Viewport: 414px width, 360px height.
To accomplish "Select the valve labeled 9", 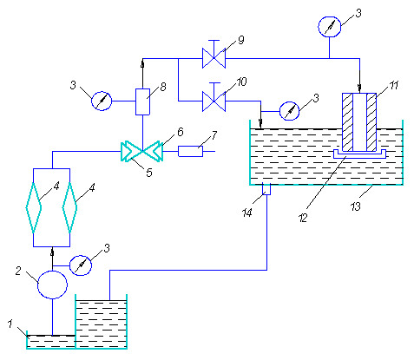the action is (214, 58).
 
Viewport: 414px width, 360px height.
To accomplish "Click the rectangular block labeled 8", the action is (142, 101).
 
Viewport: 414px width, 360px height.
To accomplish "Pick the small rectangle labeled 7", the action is (190, 151).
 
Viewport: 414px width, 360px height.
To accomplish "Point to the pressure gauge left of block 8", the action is (102, 101).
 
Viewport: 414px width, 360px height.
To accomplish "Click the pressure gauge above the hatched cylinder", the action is (329, 27).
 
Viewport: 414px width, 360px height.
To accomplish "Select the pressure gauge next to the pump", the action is (81, 265).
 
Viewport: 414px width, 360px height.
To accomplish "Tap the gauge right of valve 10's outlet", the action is (289, 111).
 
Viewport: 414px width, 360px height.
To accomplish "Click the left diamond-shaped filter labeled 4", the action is (34, 207).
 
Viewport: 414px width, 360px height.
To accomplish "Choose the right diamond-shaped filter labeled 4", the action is (69, 207).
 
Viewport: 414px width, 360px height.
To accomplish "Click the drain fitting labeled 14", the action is (266, 189).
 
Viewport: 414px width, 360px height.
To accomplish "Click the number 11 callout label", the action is (393, 86).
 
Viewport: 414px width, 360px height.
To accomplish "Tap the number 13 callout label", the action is (356, 206).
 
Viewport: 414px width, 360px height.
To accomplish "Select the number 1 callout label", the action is (10, 324).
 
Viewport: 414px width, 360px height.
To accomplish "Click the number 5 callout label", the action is (149, 173).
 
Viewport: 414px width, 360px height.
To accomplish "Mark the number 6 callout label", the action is (181, 132).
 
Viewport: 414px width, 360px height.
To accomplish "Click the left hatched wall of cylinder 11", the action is (347, 122).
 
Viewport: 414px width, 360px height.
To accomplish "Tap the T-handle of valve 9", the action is (214, 41).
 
